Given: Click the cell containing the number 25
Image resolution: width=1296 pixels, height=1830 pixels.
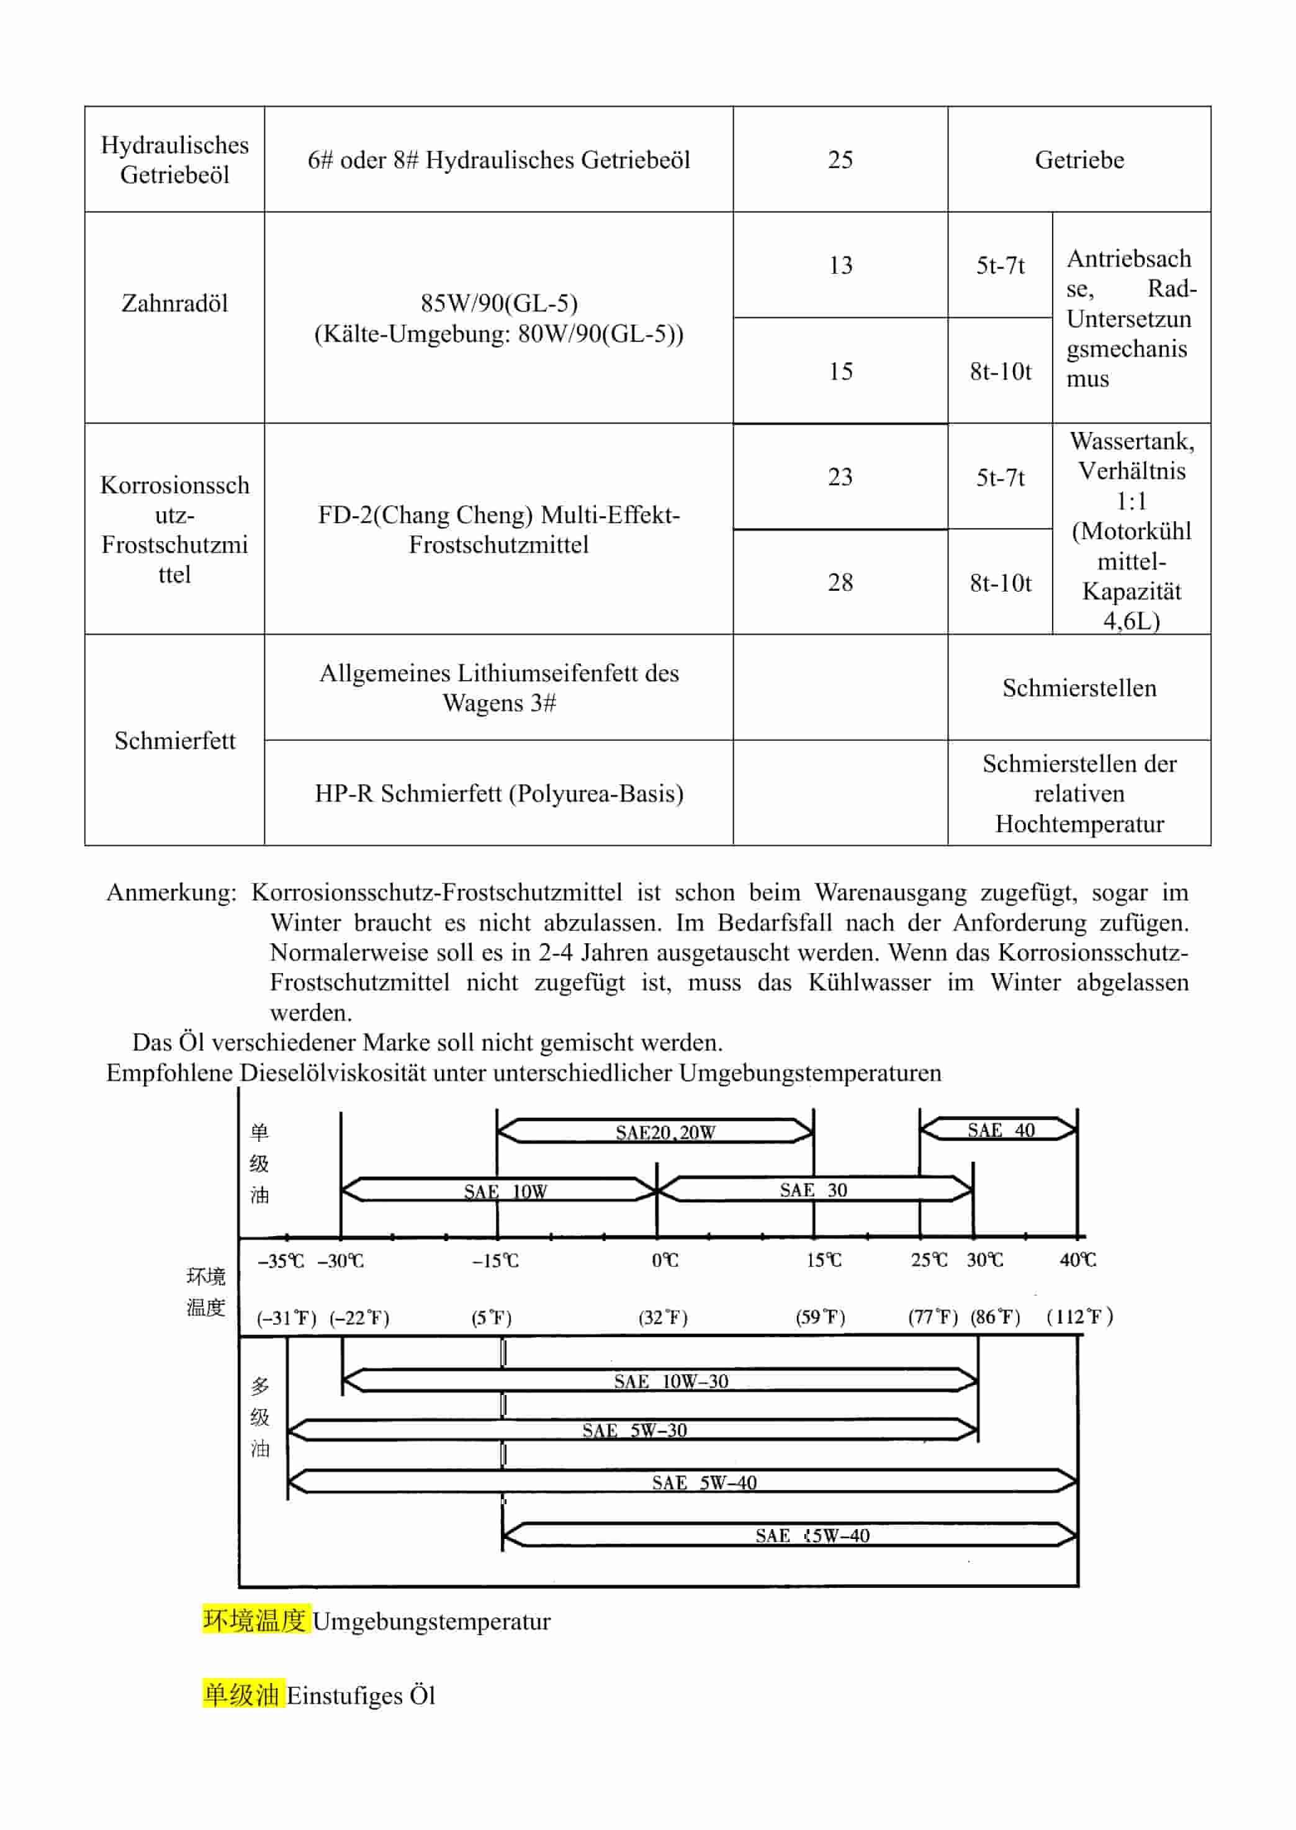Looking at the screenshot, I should pos(840,159).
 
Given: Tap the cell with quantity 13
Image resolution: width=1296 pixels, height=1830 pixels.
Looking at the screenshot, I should pos(840,265).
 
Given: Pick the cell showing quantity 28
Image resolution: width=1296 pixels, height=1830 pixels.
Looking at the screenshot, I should pos(840,582).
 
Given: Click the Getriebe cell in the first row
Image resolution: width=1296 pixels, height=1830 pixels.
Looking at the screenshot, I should pos(1079,159).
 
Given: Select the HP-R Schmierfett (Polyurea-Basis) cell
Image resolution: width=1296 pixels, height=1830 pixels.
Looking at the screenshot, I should pos(499,793).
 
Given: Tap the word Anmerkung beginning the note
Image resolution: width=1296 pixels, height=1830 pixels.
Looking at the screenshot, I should pos(171,892).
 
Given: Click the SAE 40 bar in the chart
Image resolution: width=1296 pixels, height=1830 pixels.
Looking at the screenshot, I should pos(999,1129).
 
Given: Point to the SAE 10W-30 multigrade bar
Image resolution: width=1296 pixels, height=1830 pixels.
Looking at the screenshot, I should pos(670,1381).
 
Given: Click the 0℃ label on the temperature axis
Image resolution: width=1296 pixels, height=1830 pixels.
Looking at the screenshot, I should pos(665,1260).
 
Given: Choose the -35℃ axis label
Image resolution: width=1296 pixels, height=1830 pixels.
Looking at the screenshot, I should pos(280,1261).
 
